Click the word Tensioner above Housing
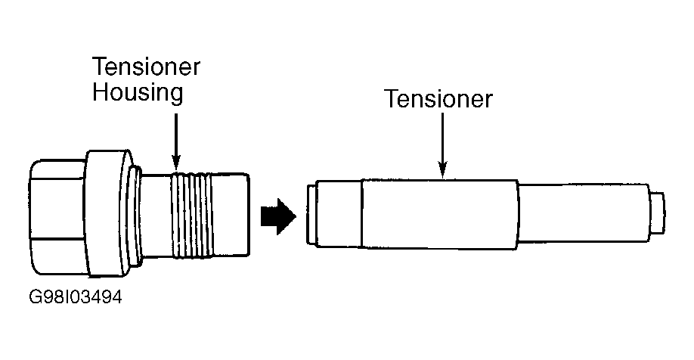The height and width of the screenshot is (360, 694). tap(146, 67)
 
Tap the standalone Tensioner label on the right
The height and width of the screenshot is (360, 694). tap(438, 99)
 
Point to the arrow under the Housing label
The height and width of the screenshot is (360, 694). tap(175, 139)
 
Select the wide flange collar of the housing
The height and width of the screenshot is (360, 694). tap(108, 212)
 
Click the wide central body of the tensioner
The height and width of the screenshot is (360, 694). tap(440, 214)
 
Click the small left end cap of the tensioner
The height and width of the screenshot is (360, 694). tap(311, 214)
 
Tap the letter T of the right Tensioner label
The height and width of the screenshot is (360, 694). tap(391, 99)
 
